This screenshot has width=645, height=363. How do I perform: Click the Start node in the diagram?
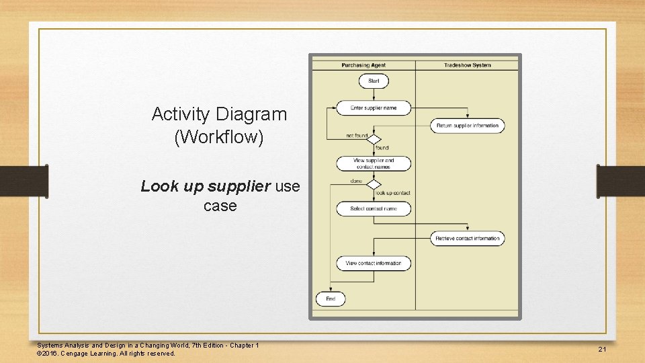374,81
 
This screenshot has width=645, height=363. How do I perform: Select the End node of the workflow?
331,299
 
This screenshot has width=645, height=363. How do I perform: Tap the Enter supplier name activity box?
374,108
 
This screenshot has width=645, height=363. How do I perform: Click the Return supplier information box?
468,126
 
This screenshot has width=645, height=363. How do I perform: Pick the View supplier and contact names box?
374,163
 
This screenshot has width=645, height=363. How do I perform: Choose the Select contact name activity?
374,209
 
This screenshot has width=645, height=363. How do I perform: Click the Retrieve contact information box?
468,239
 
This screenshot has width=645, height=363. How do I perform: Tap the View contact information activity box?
374,264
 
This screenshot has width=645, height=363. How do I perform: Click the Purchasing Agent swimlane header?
363,65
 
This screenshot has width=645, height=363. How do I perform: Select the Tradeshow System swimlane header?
467,65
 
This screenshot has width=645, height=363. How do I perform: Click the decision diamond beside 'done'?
374,184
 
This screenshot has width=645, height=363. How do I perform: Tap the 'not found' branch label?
356,136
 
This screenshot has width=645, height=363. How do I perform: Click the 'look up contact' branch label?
393,194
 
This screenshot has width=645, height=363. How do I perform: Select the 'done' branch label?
356,181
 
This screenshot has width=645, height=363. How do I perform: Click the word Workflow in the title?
219,138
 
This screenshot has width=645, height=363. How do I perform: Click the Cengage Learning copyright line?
106,354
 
